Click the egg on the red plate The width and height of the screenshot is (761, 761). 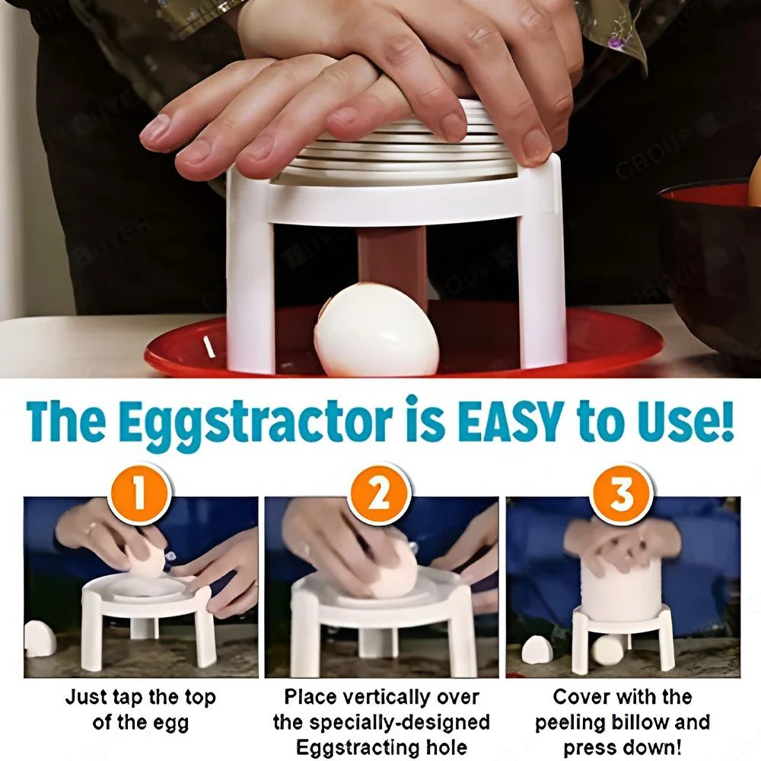[376, 330]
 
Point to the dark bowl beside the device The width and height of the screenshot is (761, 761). [712, 259]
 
